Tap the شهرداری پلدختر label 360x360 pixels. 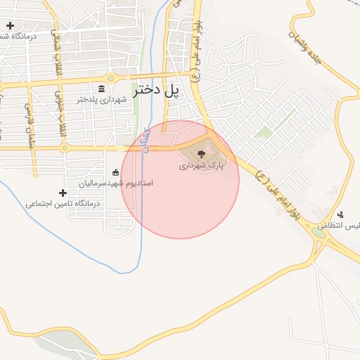[x=102, y=100]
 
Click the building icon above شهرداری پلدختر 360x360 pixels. [x=102, y=89]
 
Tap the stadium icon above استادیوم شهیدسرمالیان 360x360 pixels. [x=116, y=172]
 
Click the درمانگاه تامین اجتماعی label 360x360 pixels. [x=63, y=203]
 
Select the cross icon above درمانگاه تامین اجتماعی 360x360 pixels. [x=63, y=192]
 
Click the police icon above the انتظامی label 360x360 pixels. [x=341, y=214]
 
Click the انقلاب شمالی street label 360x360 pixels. [x=56, y=43]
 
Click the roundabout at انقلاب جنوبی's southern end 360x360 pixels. [x=64, y=148]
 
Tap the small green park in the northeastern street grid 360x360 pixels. [x=264, y=131]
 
